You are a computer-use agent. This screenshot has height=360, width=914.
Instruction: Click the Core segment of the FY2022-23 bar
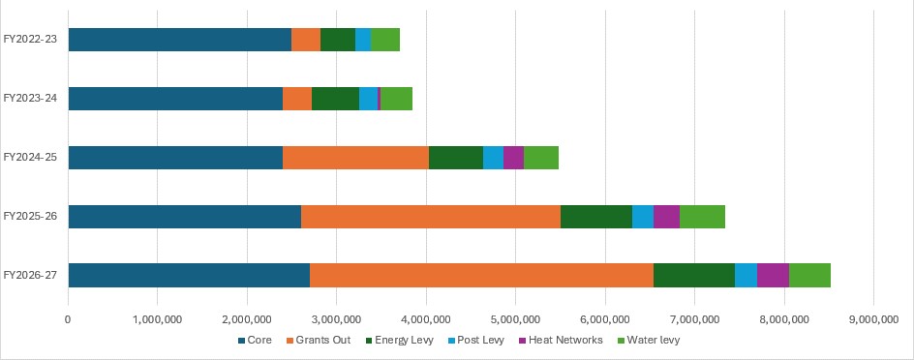pyautogui.click(x=179, y=40)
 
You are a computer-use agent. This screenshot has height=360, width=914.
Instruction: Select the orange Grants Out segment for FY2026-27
pyautogui.click(x=481, y=275)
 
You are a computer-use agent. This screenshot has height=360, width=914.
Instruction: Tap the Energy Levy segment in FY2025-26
pyautogui.click(x=595, y=216)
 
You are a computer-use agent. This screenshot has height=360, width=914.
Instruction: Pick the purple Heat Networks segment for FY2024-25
pyautogui.click(x=513, y=158)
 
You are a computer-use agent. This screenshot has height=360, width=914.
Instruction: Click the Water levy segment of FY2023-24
pyautogui.click(x=396, y=99)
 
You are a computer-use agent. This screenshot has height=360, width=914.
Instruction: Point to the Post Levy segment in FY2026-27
pyautogui.click(x=746, y=275)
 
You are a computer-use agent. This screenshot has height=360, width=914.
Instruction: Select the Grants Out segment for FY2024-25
pyautogui.click(x=355, y=158)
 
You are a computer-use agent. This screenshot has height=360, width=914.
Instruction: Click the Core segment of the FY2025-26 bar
pyautogui.click(x=184, y=216)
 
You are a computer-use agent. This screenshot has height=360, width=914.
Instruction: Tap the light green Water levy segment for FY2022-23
pyautogui.click(x=385, y=40)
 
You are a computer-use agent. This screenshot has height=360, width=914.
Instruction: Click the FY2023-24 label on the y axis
pyautogui.click(x=30, y=99)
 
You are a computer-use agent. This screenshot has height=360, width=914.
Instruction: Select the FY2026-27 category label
pyautogui.click(x=30, y=275)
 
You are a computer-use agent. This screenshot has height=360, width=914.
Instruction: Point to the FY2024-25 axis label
pyautogui.click(x=30, y=158)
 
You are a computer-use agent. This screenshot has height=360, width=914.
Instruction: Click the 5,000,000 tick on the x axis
pyautogui.click(x=515, y=316)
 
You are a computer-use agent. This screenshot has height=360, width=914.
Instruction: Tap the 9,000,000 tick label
pyautogui.click(x=873, y=316)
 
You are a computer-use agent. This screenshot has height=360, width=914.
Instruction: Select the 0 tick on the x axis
pyautogui.click(x=68, y=316)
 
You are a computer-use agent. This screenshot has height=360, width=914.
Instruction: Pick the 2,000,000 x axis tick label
pyautogui.click(x=247, y=316)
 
